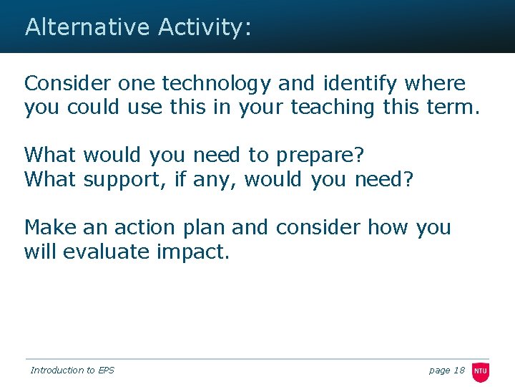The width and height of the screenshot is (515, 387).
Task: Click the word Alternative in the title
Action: click(x=87, y=27)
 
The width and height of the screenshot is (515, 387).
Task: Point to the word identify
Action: click(x=360, y=84)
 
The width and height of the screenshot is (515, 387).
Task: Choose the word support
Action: click(x=127, y=179)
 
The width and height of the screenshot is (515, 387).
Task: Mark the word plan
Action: click(x=205, y=229)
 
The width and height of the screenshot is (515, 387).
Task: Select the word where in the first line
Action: click(x=434, y=84)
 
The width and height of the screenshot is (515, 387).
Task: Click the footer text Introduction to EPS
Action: click(x=72, y=370)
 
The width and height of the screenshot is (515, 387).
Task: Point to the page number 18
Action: click(x=458, y=370)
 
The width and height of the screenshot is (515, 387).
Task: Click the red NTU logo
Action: click(x=480, y=371)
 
